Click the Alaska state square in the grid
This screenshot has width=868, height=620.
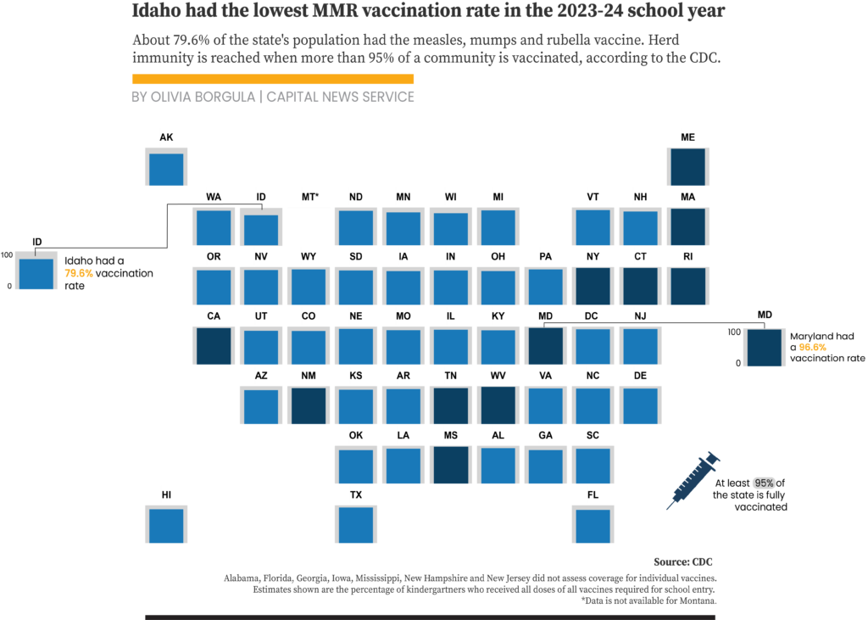(x=166, y=167)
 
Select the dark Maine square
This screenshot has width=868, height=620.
(x=687, y=167)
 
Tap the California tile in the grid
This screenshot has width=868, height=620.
(x=214, y=346)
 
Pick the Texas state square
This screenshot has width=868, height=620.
(x=356, y=524)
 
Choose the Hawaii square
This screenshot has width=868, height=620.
(x=166, y=524)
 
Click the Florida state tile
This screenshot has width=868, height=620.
(x=593, y=524)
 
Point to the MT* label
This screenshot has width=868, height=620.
(x=309, y=198)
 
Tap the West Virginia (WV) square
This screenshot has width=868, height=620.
(x=498, y=405)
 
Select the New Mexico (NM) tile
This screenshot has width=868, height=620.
(x=309, y=405)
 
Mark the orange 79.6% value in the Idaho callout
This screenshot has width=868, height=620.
(x=79, y=274)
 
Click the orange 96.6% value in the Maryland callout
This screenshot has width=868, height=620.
(x=813, y=348)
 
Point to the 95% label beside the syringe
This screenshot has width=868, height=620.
(x=764, y=483)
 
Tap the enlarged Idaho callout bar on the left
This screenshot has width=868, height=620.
(x=36, y=273)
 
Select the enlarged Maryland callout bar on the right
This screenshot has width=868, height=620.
(x=765, y=348)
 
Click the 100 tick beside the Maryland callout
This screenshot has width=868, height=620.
(x=734, y=332)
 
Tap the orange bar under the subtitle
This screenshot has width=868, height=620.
(x=273, y=79)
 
